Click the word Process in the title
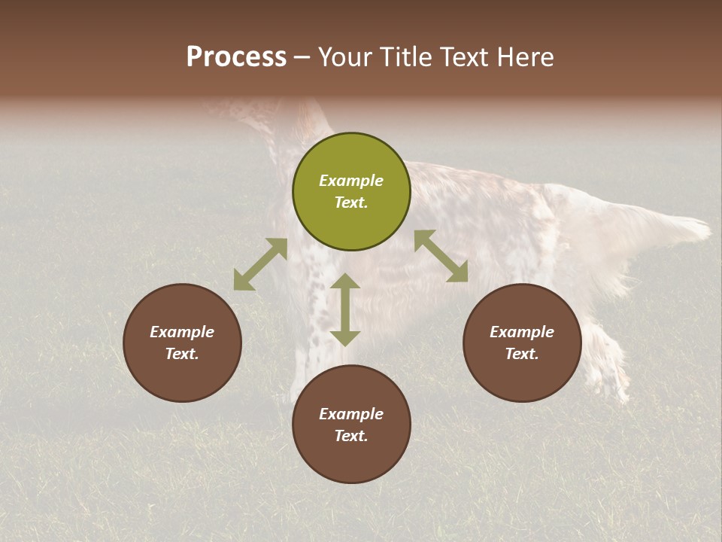click(236, 57)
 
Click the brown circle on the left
click(182, 343)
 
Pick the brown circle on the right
click(522, 343)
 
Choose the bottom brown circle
click(351, 424)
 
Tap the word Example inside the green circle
click(351, 181)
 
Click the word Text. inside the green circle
click(351, 202)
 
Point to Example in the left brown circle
click(182, 332)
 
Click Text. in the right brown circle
click(522, 354)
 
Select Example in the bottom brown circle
click(351, 414)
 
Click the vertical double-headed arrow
click(345, 309)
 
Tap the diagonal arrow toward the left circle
click(260, 264)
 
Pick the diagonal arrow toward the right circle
click(441, 256)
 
